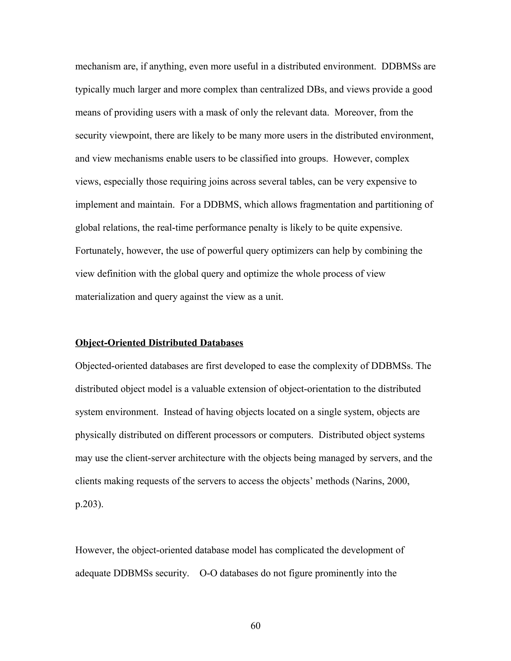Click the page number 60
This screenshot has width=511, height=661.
tap(255, 626)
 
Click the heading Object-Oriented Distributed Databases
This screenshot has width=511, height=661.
tap(159, 343)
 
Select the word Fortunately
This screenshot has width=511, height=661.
tap(99, 251)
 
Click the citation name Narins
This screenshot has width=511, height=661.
tap(369, 481)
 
